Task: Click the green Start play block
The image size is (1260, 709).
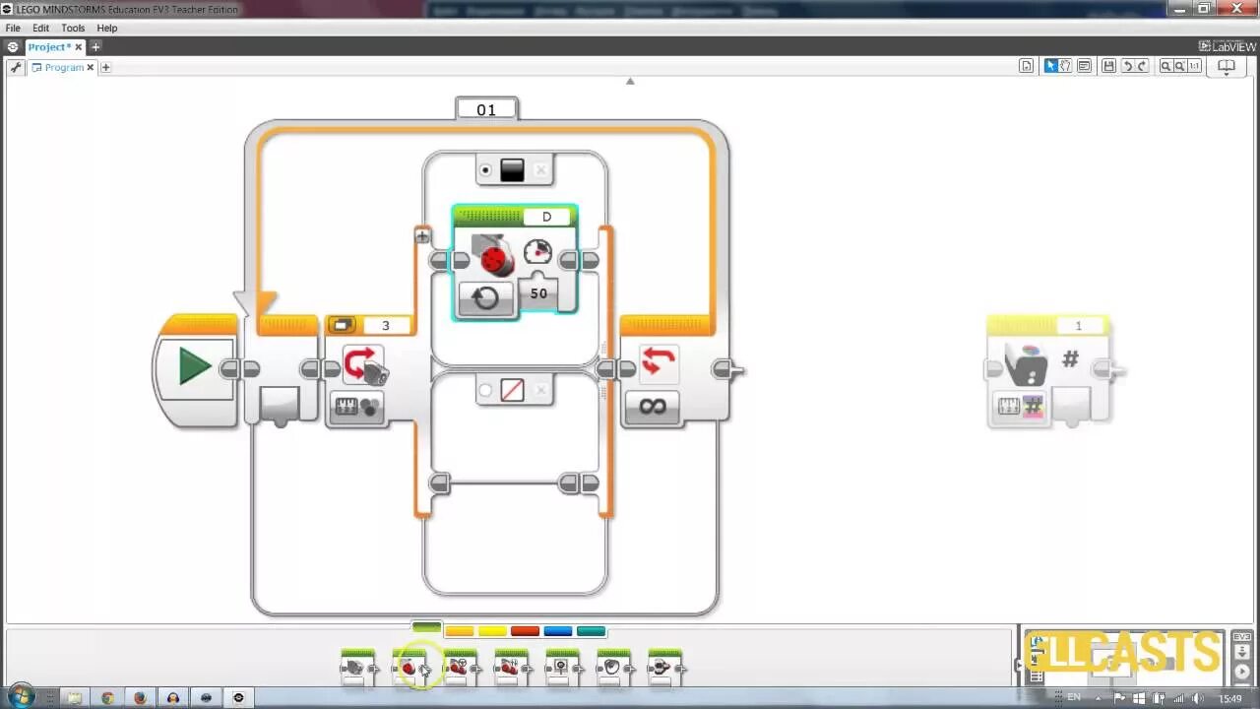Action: (195, 367)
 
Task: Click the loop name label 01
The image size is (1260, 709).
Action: (486, 109)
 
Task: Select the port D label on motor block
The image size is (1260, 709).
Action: (547, 217)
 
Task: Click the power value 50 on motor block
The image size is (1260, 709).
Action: (538, 293)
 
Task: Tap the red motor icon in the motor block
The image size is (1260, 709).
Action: (494, 258)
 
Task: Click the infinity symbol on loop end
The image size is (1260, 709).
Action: (653, 406)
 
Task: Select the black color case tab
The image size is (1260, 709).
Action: (512, 170)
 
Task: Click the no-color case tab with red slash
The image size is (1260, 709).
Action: (512, 390)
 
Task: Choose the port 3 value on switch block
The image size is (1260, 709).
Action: (386, 325)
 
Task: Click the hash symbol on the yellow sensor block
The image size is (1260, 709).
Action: (1070, 360)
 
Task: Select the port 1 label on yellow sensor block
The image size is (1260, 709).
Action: (1078, 326)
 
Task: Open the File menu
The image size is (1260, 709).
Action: (13, 29)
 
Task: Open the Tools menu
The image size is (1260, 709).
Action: (73, 29)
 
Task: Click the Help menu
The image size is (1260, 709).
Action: (107, 29)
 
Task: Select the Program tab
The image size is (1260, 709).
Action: (63, 67)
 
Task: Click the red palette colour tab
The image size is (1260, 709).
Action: (525, 631)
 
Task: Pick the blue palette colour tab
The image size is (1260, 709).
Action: (558, 631)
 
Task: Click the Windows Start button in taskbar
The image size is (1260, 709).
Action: (20, 696)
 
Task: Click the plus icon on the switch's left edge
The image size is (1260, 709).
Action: (422, 235)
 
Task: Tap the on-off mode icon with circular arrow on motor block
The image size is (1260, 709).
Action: (485, 297)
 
